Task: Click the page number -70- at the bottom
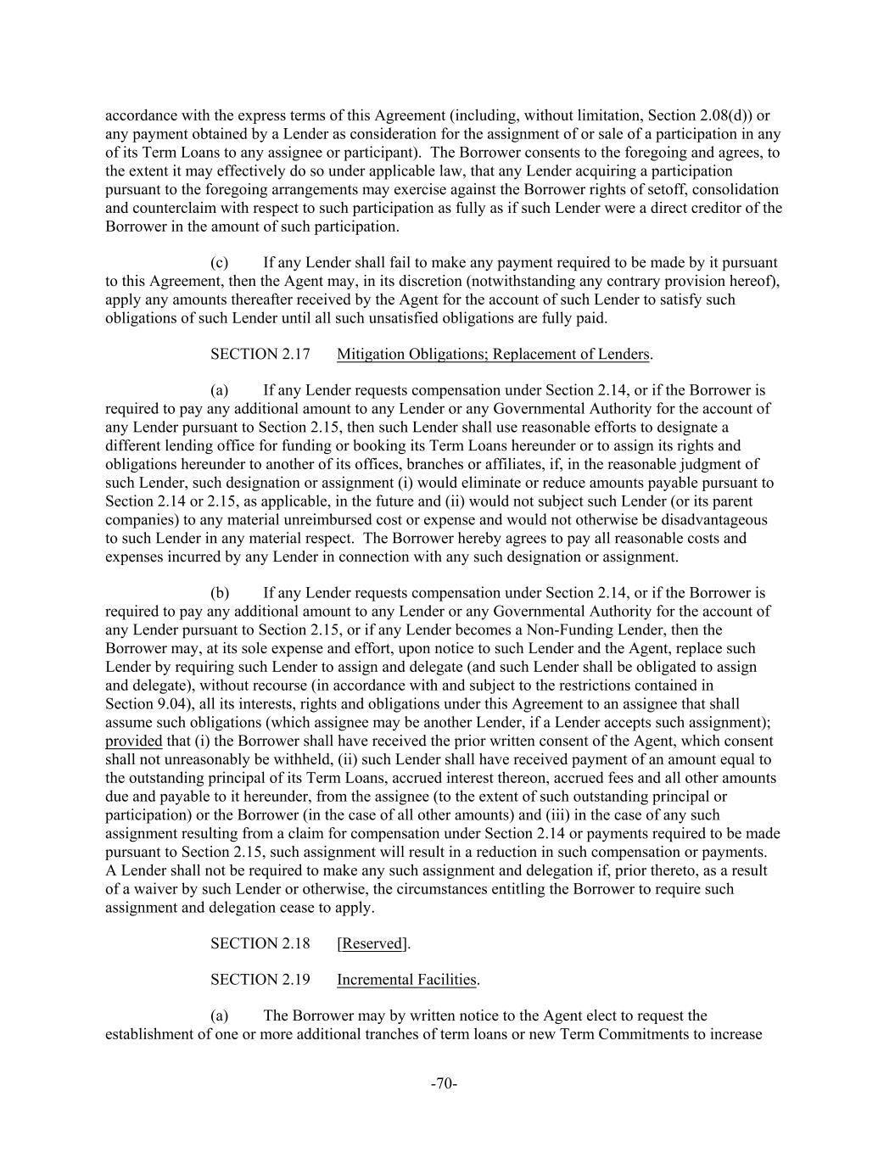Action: pos(445,1083)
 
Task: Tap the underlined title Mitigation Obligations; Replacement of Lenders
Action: pos(493,354)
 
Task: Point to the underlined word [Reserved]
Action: pos(372,943)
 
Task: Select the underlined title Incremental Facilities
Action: pos(407,980)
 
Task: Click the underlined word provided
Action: pos(133,741)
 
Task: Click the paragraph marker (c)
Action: pos(220,263)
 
